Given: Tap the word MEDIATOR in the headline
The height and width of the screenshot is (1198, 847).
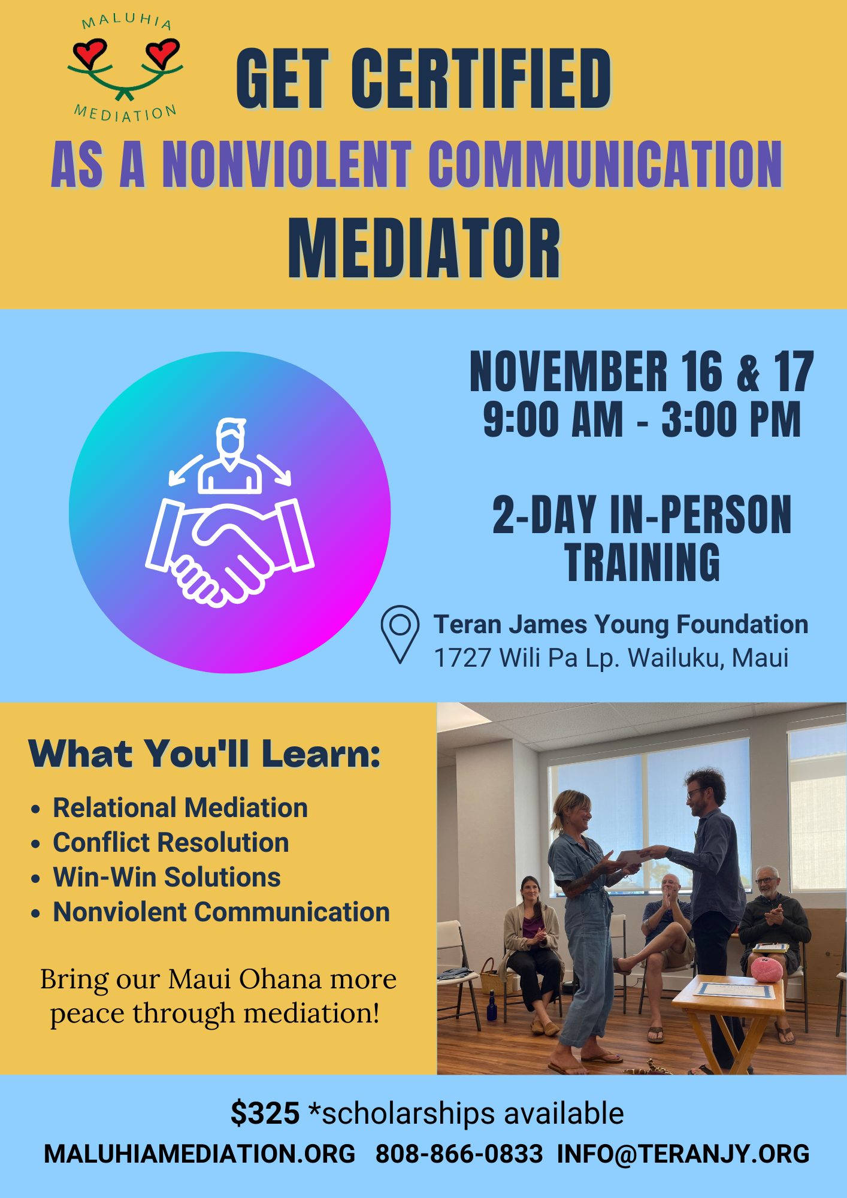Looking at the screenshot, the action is click(x=424, y=249).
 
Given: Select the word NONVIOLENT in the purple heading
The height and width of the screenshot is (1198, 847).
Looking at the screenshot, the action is click(x=287, y=164).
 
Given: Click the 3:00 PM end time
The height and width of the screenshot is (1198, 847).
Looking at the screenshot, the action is click(x=731, y=419).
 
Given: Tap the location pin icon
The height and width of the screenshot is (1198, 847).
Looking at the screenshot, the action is click(x=400, y=634).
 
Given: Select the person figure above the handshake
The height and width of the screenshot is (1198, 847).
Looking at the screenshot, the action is click(x=230, y=456).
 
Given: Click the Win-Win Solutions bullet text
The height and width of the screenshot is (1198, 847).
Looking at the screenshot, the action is click(x=167, y=877).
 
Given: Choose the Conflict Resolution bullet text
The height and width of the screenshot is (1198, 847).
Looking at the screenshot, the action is click(x=171, y=842).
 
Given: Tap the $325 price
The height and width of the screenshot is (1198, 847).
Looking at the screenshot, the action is click(x=265, y=1113).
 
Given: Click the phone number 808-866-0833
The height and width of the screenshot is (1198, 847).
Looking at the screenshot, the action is click(x=459, y=1154).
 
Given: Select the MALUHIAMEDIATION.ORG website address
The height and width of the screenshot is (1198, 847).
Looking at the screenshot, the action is click(x=199, y=1154).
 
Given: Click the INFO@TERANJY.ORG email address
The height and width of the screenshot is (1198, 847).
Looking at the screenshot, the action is click(x=683, y=1154).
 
